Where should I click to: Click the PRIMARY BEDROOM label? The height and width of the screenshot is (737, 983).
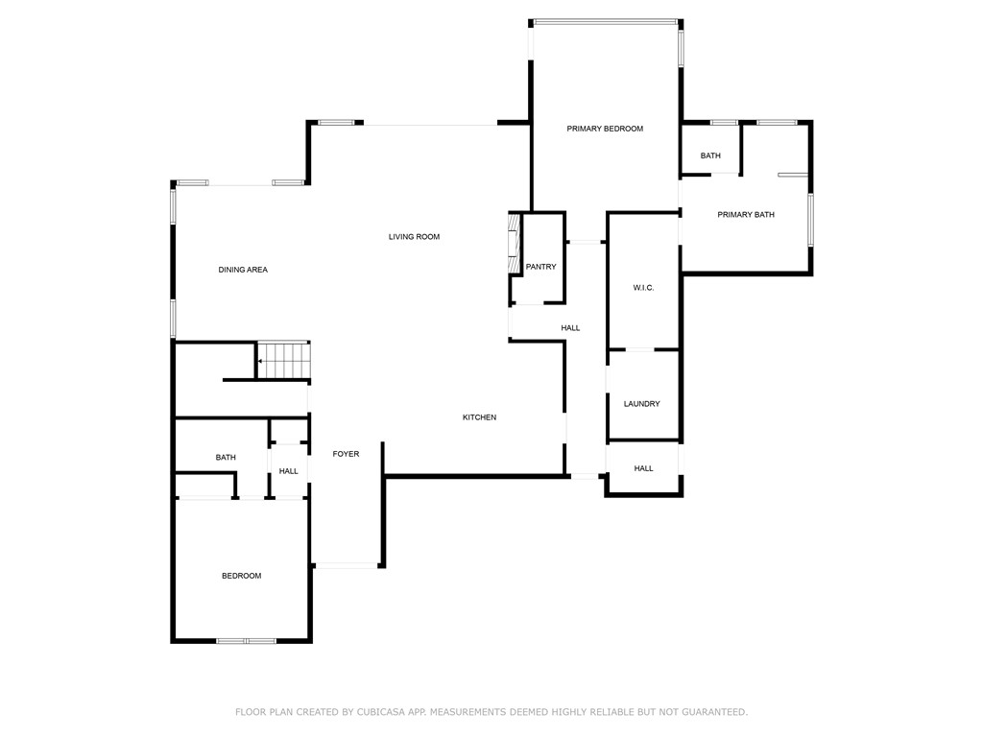tap(605, 129)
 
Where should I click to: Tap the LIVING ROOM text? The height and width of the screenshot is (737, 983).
tap(414, 237)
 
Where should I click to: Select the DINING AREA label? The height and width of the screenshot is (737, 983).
tap(243, 270)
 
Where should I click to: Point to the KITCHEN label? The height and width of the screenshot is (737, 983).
tap(479, 417)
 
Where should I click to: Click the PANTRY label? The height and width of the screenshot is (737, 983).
tap(540, 267)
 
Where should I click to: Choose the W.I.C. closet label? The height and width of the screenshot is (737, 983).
tap(643, 288)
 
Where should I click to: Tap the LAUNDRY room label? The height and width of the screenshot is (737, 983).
tap(641, 404)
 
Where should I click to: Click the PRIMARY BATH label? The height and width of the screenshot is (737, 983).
tap(745, 215)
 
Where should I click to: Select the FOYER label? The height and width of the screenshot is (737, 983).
tap(346, 454)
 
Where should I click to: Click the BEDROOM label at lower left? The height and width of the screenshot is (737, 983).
tap(241, 576)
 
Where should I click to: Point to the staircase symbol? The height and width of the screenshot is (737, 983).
tap(284, 361)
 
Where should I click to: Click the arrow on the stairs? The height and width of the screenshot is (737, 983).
tap(261, 362)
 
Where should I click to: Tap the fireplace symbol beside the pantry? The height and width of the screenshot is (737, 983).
tap(514, 245)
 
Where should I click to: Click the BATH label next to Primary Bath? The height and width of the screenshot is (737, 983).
tap(710, 155)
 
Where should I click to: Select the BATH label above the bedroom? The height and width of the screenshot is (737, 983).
tap(226, 458)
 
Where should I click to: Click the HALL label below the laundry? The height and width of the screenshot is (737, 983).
tap(643, 468)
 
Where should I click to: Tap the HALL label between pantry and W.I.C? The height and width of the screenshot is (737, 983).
tap(570, 328)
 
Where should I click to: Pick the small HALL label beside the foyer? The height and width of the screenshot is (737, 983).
tap(289, 471)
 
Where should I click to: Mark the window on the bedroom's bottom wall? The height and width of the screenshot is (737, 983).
tap(246, 640)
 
